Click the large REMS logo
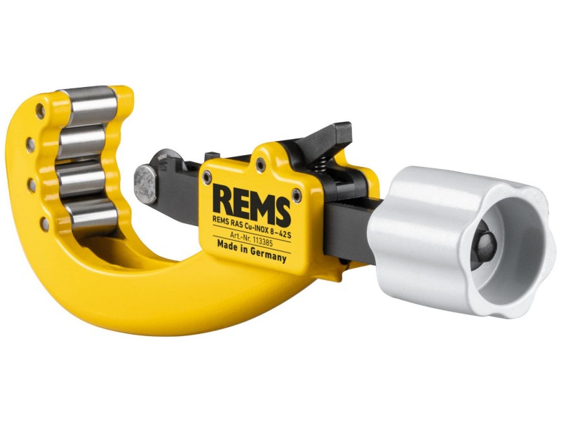click(251, 205)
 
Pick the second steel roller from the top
click(83, 141)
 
